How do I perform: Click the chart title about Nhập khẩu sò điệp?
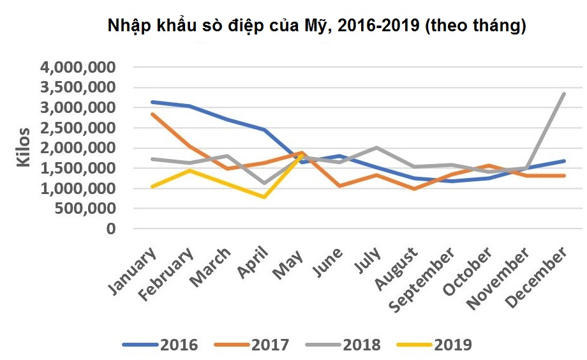point(316,26)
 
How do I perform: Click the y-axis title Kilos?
point(24,147)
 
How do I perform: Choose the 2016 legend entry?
point(160,345)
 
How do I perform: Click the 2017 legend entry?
point(251,345)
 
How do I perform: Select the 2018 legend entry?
point(343,345)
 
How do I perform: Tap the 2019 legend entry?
point(435,345)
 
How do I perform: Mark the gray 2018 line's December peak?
point(563,94)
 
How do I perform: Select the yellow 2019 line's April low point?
point(264,197)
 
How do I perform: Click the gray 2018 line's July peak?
point(376,147)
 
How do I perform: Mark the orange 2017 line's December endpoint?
point(563,176)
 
